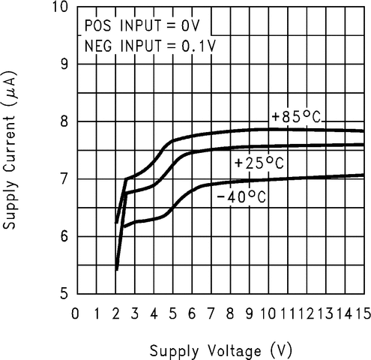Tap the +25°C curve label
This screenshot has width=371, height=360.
pyautogui.click(x=259, y=163)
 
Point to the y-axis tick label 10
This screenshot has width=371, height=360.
pyautogui.click(x=61, y=8)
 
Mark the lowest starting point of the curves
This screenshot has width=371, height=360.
pyautogui.click(x=117, y=268)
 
